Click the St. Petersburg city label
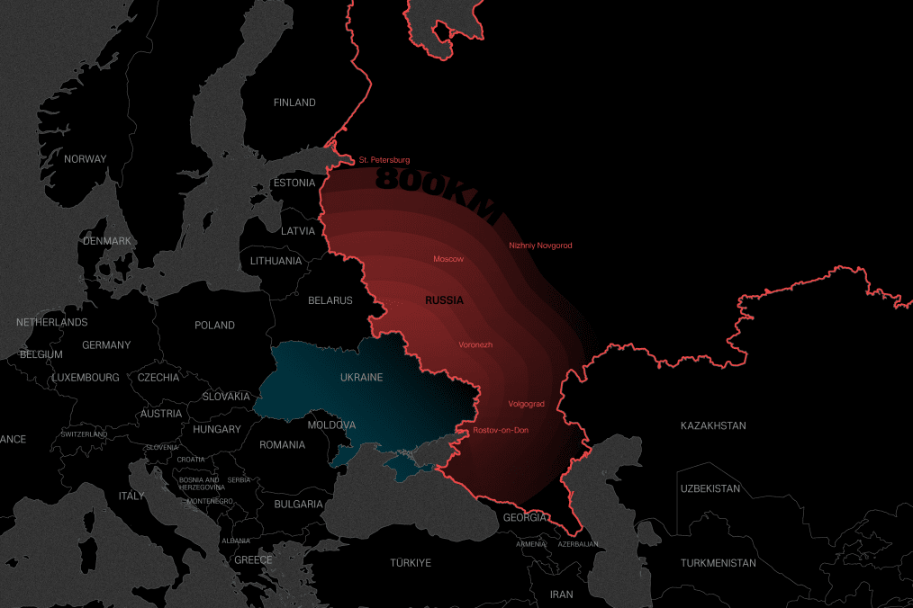(384, 160)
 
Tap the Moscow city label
(448, 259)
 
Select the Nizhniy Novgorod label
(540, 246)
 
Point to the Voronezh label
(475, 344)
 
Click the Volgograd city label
(526, 404)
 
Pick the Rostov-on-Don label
(501, 430)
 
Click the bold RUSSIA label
(444, 300)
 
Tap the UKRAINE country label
(361, 378)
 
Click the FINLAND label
(294, 103)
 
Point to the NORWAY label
(85, 159)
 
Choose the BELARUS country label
(330, 300)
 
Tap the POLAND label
(214, 326)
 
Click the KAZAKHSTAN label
(713, 425)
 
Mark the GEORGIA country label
(524, 517)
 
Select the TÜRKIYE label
(411, 563)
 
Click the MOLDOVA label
(331, 425)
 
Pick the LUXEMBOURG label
(86, 378)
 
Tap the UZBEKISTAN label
(710, 489)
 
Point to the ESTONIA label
(294, 183)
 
